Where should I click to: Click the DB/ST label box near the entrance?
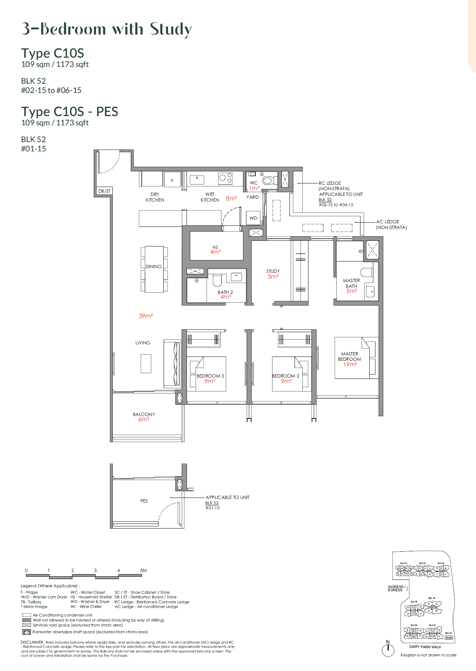[x=104, y=191]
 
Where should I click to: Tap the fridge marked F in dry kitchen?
[x=172, y=181]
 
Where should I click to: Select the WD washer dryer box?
[x=254, y=218]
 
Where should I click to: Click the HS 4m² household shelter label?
[x=215, y=250]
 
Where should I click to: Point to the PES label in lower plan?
[x=144, y=501]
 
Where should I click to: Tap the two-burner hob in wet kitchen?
[x=225, y=178]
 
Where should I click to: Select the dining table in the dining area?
[x=154, y=269]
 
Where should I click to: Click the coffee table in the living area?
[x=146, y=364]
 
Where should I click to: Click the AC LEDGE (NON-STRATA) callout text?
[x=391, y=224]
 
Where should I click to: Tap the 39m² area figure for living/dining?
[x=145, y=316]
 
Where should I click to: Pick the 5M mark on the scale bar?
[x=143, y=570]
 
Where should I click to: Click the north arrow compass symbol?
[x=388, y=650]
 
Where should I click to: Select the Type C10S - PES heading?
[x=70, y=111]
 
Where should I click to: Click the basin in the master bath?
[x=370, y=292]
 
